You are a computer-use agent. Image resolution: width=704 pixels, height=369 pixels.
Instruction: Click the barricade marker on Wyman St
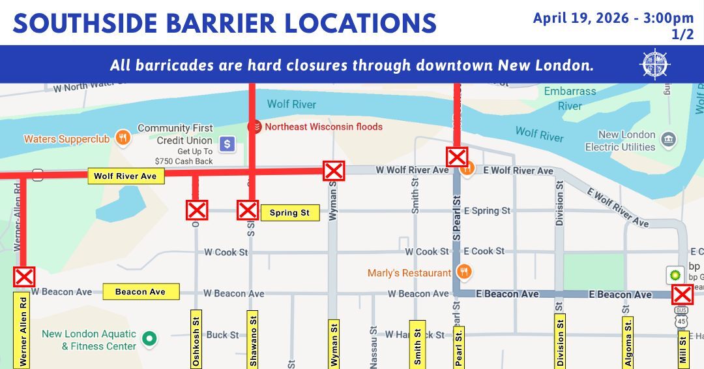point(334,171)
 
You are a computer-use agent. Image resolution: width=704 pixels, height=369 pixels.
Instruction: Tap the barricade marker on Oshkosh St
point(197,210)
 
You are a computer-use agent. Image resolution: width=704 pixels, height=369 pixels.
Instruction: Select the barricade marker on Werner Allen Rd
point(24,277)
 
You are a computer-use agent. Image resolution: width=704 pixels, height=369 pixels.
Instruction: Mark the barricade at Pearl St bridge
point(456,157)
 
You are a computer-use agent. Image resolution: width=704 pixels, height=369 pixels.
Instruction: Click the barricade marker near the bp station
point(682,295)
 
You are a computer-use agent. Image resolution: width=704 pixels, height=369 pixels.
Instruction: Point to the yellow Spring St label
point(289,213)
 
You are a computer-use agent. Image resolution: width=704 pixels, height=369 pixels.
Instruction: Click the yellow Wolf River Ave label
point(125,176)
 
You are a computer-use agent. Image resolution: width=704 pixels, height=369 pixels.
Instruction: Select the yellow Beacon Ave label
point(140,292)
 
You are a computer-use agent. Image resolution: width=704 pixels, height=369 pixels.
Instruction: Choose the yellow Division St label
point(559,341)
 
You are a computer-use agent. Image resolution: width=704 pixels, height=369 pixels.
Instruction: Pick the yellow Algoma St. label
point(627,341)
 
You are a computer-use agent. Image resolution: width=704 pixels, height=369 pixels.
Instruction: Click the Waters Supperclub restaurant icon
point(121,138)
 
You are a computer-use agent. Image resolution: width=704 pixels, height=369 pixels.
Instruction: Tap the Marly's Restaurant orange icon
point(464,272)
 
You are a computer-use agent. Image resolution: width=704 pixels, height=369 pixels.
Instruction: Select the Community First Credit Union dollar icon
point(227,143)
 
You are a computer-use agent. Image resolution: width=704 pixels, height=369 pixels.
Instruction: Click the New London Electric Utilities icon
point(667,139)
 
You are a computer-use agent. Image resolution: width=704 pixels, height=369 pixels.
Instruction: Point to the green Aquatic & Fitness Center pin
point(151,338)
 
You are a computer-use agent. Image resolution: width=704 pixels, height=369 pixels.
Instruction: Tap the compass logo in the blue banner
point(656,64)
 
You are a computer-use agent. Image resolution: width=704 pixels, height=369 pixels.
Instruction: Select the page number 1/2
point(682,35)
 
